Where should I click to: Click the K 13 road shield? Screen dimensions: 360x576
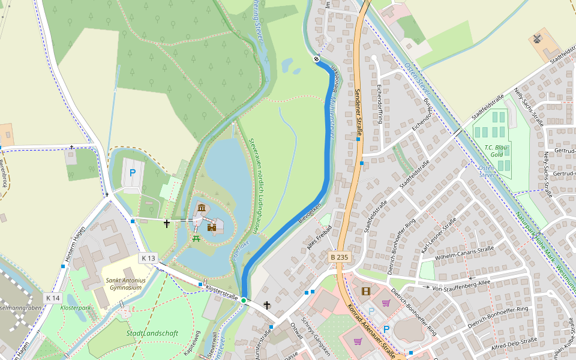(148, 258)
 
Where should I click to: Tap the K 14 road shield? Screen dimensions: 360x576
(53, 298)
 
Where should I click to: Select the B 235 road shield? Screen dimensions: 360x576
(339, 257)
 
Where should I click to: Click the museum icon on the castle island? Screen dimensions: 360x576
(201, 208)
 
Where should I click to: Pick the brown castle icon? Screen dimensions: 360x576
(212, 227)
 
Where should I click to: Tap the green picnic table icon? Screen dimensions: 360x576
(196, 238)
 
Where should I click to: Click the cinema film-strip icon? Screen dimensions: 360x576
(366, 292)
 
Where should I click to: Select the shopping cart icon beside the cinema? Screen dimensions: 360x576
(386, 303)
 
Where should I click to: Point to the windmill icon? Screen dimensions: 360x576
(537, 39)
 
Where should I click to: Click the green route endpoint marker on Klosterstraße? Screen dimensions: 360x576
(244, 299)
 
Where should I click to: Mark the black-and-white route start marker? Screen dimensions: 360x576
(316, 59)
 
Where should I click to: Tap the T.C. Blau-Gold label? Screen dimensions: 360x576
(496, 150)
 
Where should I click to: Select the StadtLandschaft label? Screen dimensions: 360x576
(152, 333)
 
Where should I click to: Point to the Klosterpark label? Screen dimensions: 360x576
(76, 307)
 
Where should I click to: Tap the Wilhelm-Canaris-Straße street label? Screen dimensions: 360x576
(464, 253)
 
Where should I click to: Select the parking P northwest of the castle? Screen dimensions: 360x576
(133, 173)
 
